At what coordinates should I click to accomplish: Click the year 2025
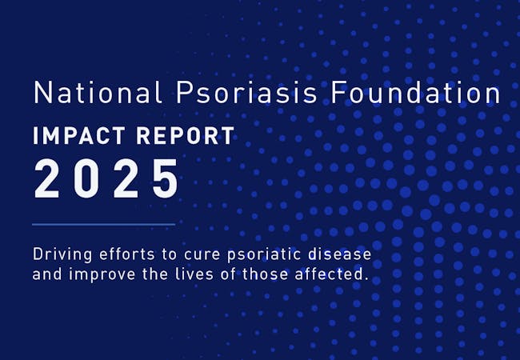pos(106,179)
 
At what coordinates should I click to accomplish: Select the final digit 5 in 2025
pos(166,179)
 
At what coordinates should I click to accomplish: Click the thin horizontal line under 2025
pos(103,225)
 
